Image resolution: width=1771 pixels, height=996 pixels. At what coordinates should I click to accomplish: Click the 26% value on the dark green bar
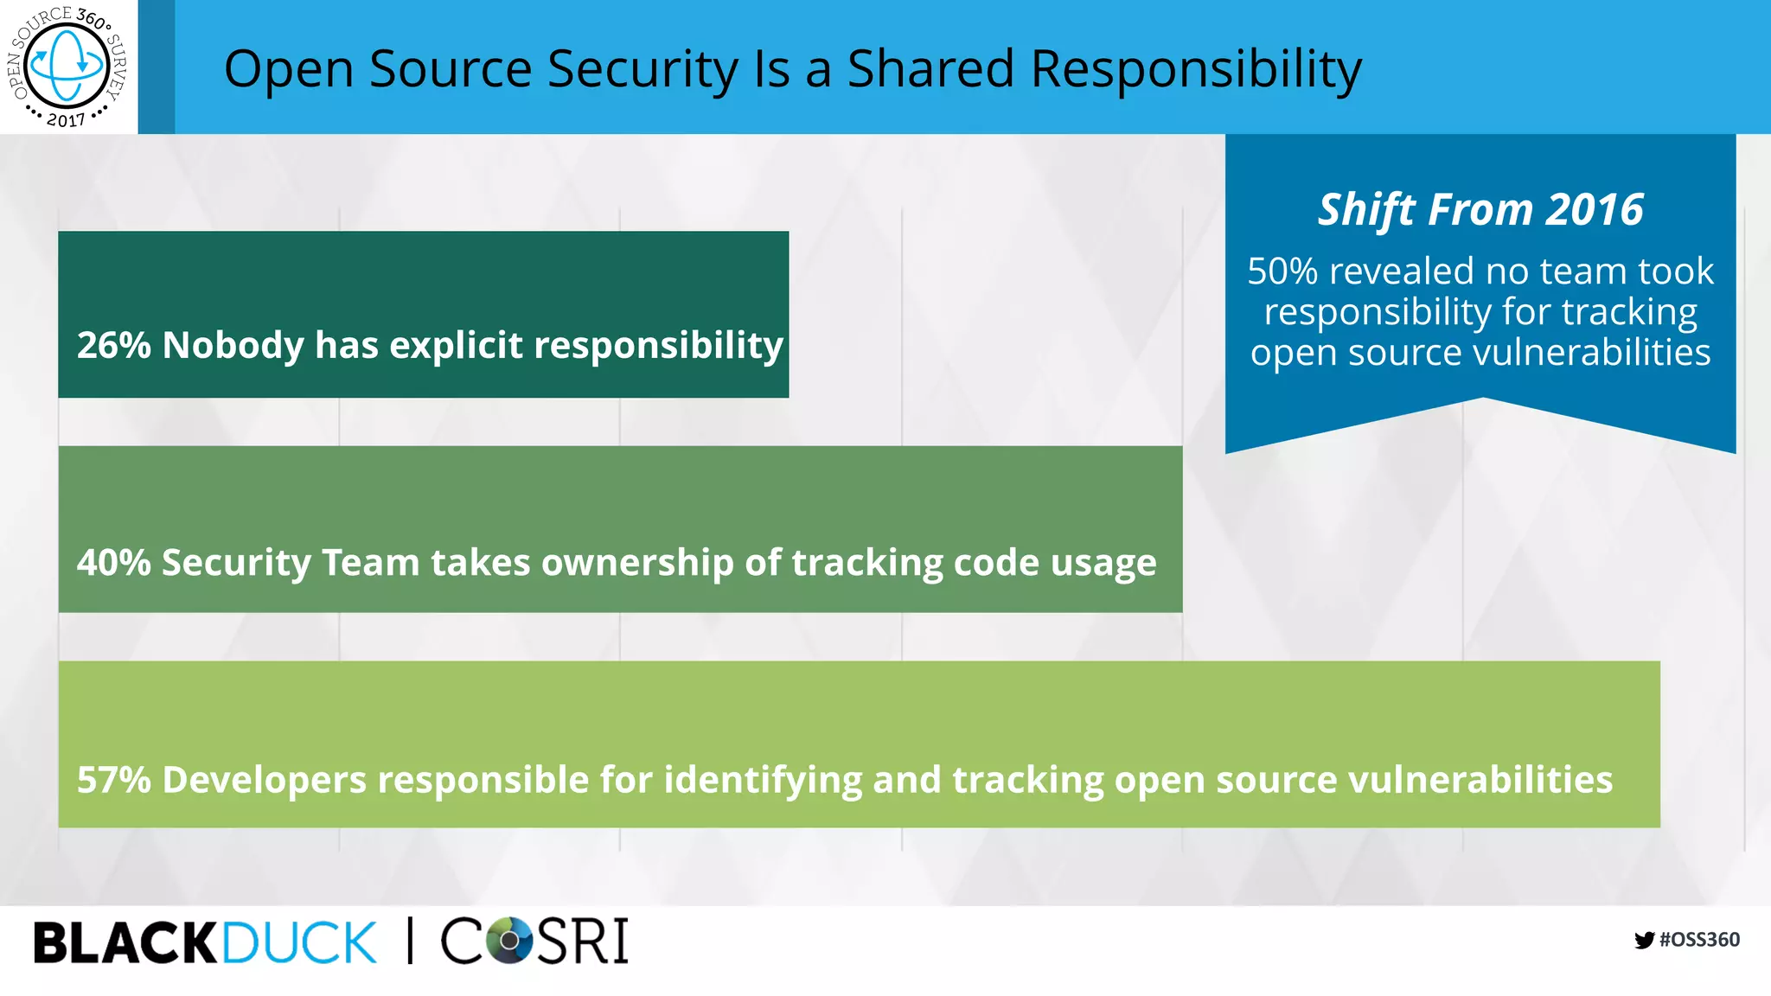pyautogui.click(x=113, y=345)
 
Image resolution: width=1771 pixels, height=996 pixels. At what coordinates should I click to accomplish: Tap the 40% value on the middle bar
pyautogui.click(x=113, y=562)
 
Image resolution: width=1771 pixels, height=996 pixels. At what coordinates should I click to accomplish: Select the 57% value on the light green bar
pyautogui.click(x=113, y=779)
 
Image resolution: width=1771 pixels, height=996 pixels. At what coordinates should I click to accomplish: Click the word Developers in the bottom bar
pyautogui.click(x=264, y=779)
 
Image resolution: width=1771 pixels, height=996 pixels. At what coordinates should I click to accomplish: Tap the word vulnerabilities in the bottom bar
pyautogui.click(x=1480, y=779)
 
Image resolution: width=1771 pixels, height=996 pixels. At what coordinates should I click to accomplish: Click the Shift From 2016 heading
pyautogui.click(x=1480, y=209)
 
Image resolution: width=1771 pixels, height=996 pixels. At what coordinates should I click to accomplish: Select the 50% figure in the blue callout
pyautogui.click(x=1282, y=271)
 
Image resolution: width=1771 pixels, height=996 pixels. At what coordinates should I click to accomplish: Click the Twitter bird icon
pyautogui.click(x=1644, y=940)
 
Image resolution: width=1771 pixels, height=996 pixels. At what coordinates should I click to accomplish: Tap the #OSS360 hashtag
pyautogui.click(x=1699, y=940)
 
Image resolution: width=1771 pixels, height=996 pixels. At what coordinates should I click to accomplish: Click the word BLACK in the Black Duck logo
pyautogui.click(x=125, y=942)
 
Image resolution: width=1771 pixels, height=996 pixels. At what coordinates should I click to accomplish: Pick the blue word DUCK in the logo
pyautogui.click(x=299, y=942)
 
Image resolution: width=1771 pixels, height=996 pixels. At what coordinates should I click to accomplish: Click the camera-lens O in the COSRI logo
pyautogui.click(x=509, y=940)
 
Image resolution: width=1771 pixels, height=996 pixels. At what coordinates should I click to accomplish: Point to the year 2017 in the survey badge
pyautogui.click(x=66, y=119)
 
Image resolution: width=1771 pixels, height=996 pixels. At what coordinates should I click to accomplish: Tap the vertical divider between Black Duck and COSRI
pyautogui.click(x=410, y=941)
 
